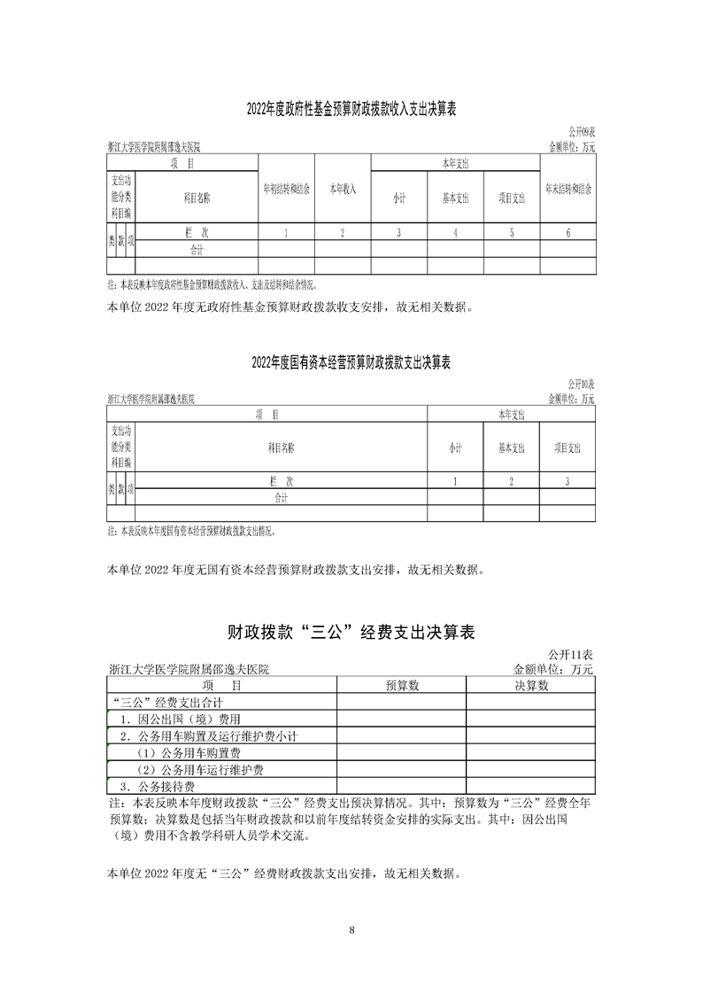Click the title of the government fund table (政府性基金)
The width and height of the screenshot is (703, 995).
351,109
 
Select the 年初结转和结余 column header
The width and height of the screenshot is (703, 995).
286,190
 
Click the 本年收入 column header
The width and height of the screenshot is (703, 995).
343,190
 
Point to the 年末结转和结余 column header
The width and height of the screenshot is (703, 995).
568,190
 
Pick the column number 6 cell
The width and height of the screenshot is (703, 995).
568,233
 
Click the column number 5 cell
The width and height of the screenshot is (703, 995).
512,233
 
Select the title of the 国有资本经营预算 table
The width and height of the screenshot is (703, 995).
351,363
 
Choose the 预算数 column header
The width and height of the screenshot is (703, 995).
402,685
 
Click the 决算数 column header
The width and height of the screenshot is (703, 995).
531,685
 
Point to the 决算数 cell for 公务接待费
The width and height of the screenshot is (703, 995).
531,786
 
